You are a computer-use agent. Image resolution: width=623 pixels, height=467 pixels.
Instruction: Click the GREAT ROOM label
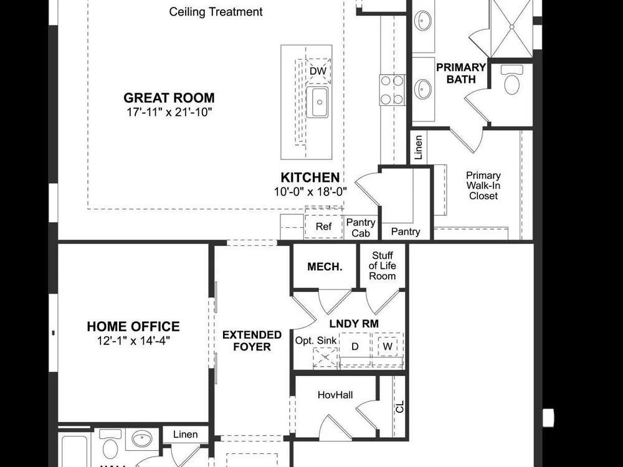(x=169, y=98)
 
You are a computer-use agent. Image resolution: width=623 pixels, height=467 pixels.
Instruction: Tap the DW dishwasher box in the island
(x=318, y=71)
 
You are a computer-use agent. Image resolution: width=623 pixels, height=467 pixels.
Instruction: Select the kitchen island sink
(x=318, y=103)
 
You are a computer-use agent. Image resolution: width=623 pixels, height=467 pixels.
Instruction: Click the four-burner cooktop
(x=392, y=90)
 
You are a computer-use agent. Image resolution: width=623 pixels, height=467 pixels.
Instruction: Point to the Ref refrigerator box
(x=323, y=227)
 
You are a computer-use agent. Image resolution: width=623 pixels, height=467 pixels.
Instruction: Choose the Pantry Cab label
(x=361, y=228)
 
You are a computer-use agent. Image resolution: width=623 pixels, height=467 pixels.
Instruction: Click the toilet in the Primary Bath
(x=511, y=80)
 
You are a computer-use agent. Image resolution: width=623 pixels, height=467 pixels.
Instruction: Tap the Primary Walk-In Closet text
(x=483, y=186)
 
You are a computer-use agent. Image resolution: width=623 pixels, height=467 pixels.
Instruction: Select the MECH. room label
(x=325, y=267)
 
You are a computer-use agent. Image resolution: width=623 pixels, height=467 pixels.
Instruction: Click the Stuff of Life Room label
(x=383, y=266)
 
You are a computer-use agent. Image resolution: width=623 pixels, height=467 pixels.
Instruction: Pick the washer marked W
(x=388, y=346)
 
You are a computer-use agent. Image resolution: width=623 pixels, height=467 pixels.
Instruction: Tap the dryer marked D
(x=355, y=347)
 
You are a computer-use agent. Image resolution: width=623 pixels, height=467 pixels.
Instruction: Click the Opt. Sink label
(x=316, y=341)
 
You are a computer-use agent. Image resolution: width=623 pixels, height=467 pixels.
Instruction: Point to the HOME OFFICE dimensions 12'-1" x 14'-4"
(x=133, y=341)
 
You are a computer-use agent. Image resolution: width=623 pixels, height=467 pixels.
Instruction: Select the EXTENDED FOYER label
(x=252, y=341)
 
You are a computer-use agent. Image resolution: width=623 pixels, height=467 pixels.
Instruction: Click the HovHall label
(x=335, y=395)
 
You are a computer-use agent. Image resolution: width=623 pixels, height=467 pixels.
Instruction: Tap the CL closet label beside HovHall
(x=400, y=407)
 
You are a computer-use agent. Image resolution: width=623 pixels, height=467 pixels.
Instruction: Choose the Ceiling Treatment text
(x=216, y=12)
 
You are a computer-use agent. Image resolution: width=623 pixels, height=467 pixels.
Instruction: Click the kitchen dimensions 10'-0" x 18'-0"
(x=310, y=192)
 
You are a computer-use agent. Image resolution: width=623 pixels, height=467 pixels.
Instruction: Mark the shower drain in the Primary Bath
(x=511, y=27)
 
